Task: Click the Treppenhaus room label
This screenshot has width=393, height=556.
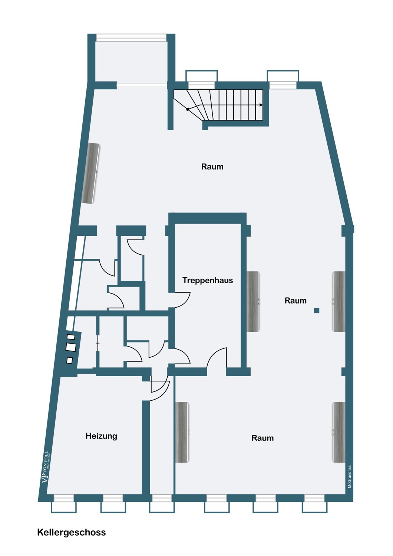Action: pyautogui.click(x=208, y=281)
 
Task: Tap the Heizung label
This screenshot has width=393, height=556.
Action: pyautogui.click(x=101, y=436)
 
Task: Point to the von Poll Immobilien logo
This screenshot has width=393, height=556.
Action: pyautogui.click(x=46, y=467)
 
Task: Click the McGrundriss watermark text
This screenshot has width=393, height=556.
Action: pyautogui.click(x=350, y=477)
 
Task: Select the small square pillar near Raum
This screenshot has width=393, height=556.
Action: pyautogui.click(x=317, y=310)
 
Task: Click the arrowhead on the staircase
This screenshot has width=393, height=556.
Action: pyautogui.click(x=261, y=105)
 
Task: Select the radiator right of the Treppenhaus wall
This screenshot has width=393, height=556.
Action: pyautogui.click(x=253, y=301)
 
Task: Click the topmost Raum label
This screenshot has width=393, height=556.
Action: pyautogui.click(x=212, y=166)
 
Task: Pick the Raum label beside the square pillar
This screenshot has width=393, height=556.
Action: pyautogui.click(x=295, y=301)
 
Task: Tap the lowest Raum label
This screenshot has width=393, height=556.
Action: pyautogui.click(x=262, y=438)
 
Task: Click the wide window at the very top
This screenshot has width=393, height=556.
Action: pyautogui.click(x=131, y=37)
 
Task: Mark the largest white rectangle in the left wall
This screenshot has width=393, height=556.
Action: pyautogui.click(x=70, y=347)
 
